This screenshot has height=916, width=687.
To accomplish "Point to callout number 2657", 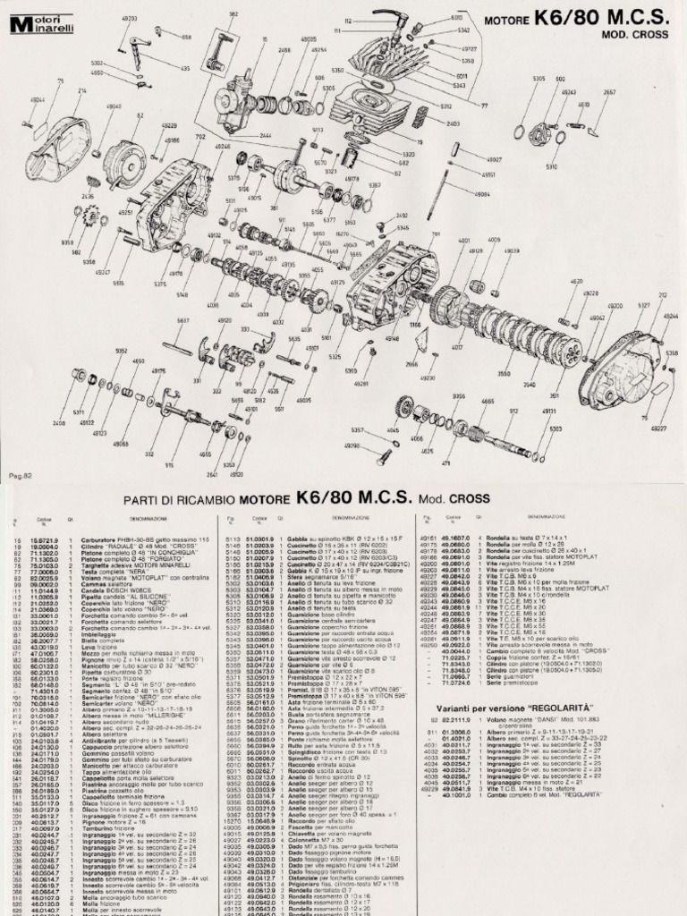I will coord(609,92).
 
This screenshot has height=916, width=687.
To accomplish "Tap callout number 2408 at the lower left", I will coord(59,423).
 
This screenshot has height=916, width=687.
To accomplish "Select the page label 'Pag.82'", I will coord(20,474).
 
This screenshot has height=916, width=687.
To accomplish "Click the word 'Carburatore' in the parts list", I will coord(99,539).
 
